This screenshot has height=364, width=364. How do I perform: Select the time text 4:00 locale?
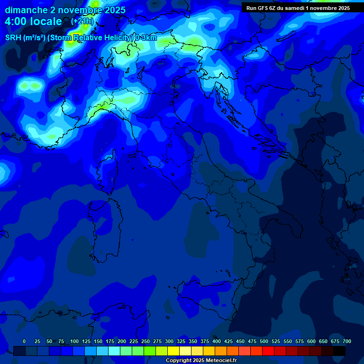[x=33, y=21]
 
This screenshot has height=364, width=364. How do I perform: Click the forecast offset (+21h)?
[x=82, y=21]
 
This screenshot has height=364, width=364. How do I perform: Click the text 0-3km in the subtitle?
[x=146, y=38]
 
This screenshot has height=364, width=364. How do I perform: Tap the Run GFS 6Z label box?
[x=298, y=8]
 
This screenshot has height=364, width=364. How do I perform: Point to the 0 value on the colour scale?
[x=24, y=341]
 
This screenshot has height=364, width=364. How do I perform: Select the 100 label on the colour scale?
[x=74, y=341]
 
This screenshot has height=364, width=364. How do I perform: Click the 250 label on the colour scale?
[x=146, y=341]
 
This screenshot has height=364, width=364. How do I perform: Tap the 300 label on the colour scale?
[x=169, y=341]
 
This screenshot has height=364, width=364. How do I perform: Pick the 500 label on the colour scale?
[x=264, y=341]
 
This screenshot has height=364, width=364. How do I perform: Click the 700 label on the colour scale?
[x=347, y=341]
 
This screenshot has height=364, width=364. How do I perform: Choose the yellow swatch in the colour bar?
[x=173, y=351]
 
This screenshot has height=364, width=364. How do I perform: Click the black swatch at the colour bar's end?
[x=339, y=351]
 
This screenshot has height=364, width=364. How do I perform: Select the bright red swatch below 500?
[x=268, y=351]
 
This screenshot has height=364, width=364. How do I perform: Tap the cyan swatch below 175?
[x=114, y=351]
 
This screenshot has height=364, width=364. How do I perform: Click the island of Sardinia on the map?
[x=104, y=227]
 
